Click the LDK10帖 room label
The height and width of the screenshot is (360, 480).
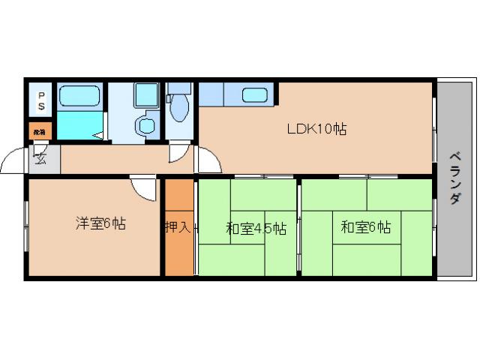point(316,128)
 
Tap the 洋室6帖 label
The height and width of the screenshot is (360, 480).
point(100,223)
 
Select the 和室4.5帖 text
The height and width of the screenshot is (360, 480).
point(256,227)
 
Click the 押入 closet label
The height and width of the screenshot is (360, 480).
point(178,226)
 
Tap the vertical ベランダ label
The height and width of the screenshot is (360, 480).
point(455,178)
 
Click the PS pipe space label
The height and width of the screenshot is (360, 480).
point(41,100)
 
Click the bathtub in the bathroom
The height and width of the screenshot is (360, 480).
point(79,97)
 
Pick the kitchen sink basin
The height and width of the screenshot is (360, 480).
point(255,95)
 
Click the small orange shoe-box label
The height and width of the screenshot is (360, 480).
point(40,132)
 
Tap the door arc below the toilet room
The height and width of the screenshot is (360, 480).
point(178,154)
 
